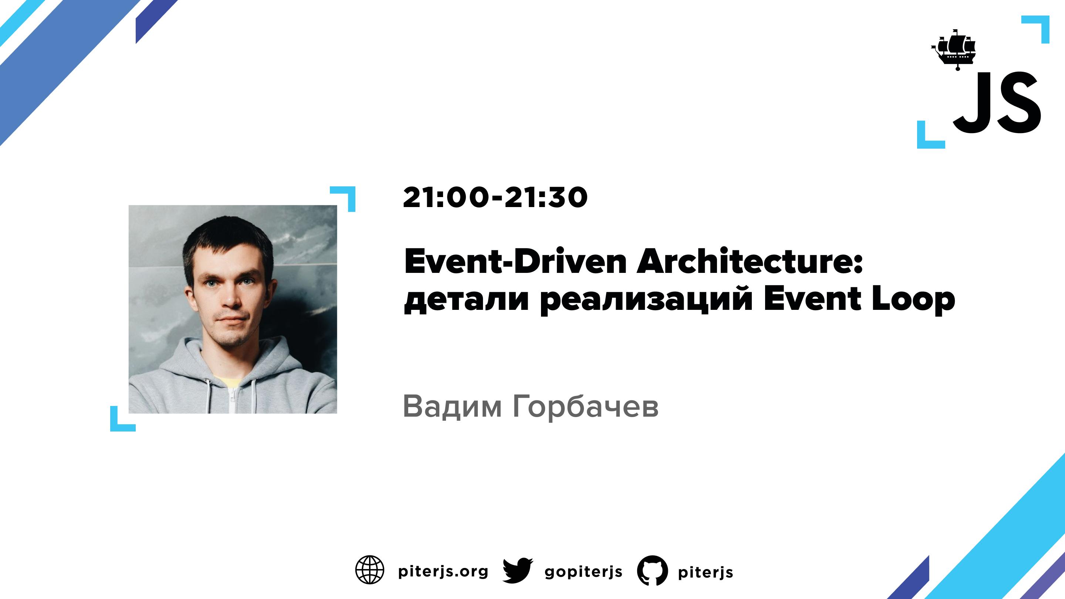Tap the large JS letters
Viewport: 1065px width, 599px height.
click(996, 102)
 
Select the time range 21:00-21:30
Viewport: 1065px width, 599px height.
click(495, 197)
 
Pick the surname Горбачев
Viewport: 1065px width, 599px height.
click(585, 407)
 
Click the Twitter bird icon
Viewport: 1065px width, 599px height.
click(518, 571)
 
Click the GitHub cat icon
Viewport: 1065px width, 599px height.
click(652, 571)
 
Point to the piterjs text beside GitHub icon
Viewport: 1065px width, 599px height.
click(705, 572)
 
